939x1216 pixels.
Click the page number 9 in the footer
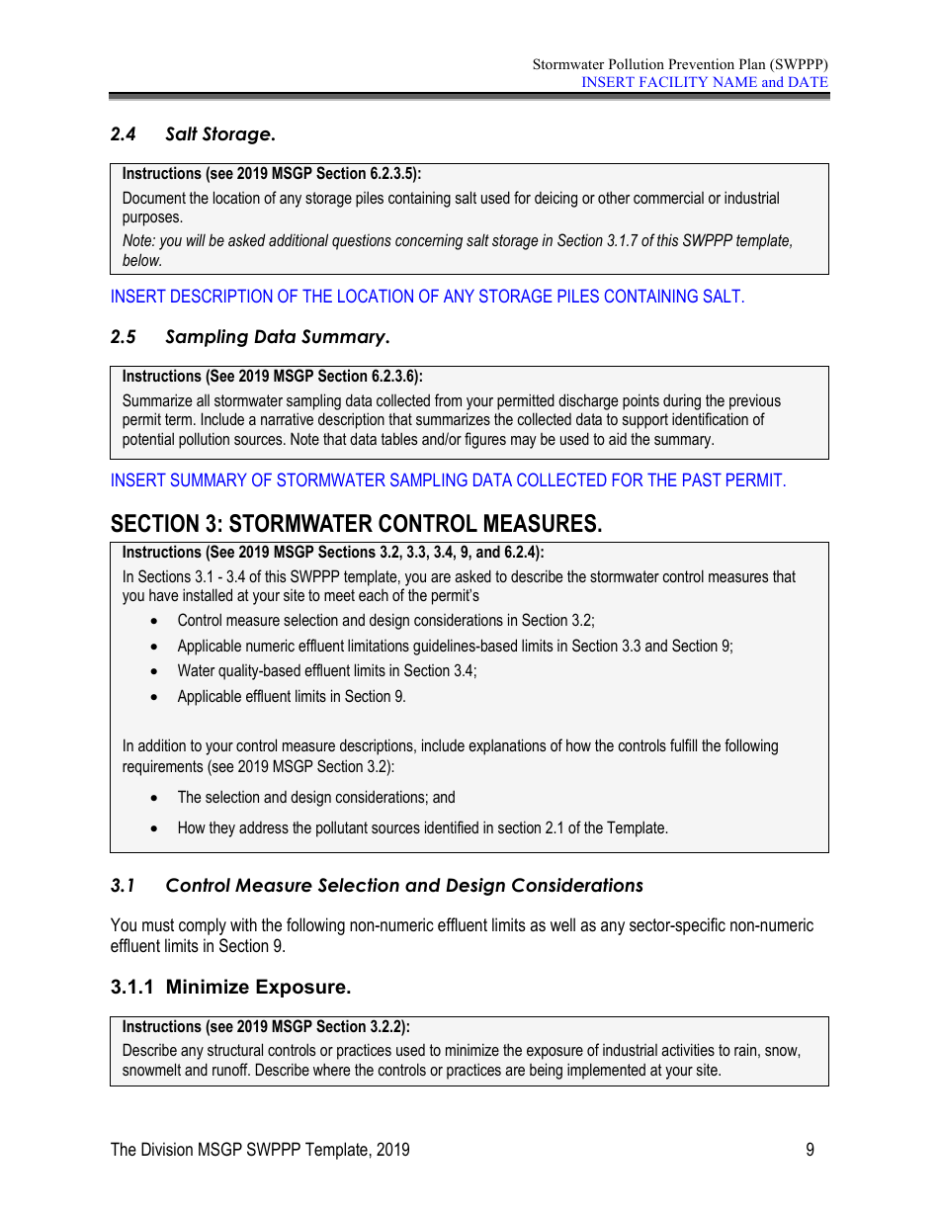click(x=810, y=1149)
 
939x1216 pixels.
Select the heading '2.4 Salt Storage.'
click(x=193, y=133)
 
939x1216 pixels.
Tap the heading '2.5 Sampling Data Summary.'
click(x=250, y=337)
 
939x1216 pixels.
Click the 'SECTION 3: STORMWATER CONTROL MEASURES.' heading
click(x=356, y=524)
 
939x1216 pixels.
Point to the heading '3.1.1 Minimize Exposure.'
click(x=230, y=987)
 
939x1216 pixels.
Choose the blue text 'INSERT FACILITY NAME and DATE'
click(x=704, y=82)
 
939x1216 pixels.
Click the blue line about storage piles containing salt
click(x=427, y=297)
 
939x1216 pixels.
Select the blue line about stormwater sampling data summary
click(x=448, y=480)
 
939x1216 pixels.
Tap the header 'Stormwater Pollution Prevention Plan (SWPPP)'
click(x=680, y=64)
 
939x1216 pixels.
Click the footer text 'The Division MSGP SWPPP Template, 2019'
click(x=260, y=1149)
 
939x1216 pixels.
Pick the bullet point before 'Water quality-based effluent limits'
click(x=153, y=671)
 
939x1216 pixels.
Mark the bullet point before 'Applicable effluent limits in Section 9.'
click(x=153, y=697)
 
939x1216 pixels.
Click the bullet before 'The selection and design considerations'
click(x=153, y=798)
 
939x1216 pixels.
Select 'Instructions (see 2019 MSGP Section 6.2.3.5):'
click(x=272, y=174)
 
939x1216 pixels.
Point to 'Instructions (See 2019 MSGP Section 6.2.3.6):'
click(x=272, y=377)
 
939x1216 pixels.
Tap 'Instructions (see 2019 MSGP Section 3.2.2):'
click(x=266, y=1027)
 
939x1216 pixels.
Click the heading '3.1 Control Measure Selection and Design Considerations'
click(x=377, y=886)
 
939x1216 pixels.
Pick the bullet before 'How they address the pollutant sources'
click(x=153, y=828)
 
